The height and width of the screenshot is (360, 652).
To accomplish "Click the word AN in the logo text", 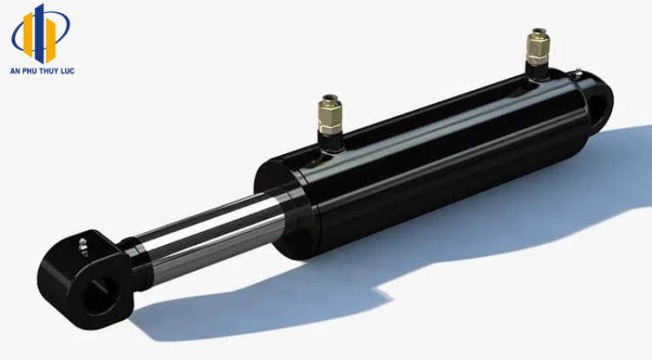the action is pyautogui.click(x=15, y=71).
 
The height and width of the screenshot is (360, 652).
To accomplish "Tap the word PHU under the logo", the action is pyautogui.click(x=29, y=71).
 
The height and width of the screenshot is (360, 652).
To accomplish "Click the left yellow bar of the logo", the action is pyautogui.click(x=29, y=34).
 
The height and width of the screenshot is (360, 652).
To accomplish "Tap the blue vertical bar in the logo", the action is pyautogui.click(x=39, y=34).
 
